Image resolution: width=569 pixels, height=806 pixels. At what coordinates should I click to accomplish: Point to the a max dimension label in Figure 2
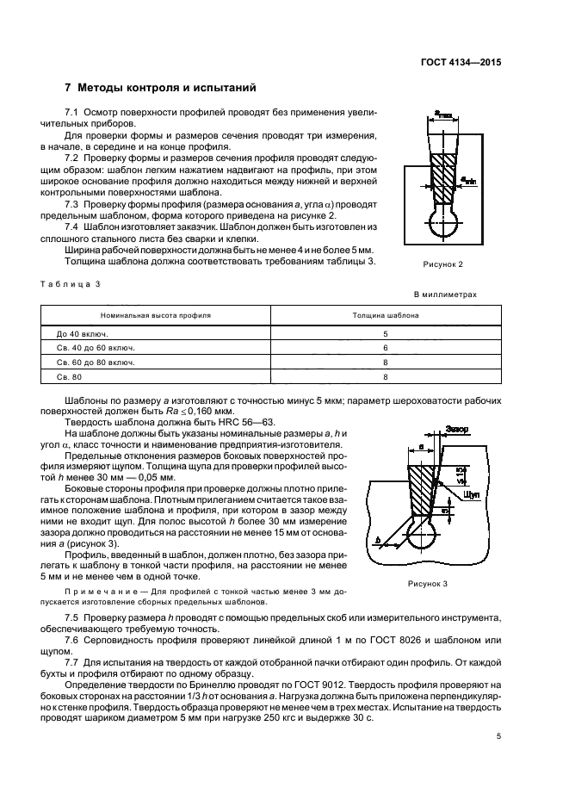tap(444, 115)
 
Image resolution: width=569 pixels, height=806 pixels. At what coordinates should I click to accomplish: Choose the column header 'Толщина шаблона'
tap(386, 316)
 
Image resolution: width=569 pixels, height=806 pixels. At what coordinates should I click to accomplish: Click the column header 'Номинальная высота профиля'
tap(155, 316)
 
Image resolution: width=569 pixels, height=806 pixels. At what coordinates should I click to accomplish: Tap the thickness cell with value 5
tap(386, 332)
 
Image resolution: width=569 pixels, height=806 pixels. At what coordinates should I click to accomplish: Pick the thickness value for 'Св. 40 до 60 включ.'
tap(386, 347)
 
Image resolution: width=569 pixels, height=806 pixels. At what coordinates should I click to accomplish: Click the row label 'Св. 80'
tap(68, 377)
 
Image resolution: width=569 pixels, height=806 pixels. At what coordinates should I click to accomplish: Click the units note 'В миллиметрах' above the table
tap(445, 294)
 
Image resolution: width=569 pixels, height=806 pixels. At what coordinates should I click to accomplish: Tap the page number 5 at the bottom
tap(498, 737)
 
